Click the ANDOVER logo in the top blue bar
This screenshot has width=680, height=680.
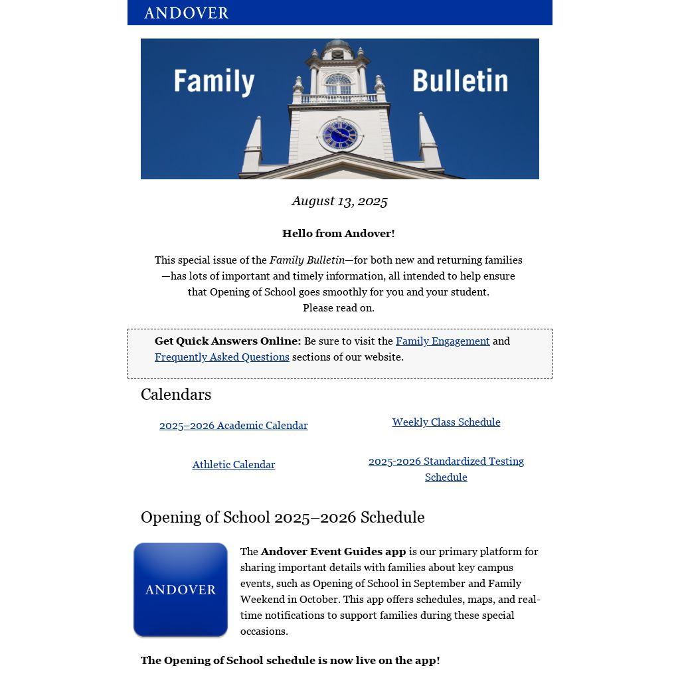tap(186, 13)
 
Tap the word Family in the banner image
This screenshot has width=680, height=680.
tap(214, 82)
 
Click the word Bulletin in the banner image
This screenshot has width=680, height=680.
tap(460, 81)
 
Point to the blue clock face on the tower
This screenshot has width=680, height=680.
tap(339, 135)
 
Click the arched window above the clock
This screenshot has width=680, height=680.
tap(338, 84)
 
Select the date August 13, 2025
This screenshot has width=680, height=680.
tap(339, 201)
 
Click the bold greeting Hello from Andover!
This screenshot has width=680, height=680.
tap(339, 234)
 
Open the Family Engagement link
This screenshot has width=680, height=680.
tap(442, 341)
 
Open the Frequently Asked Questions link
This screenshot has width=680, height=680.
tap(222, 357)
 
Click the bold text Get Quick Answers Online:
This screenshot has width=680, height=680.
tap(228, 341)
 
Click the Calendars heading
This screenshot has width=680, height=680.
tap(176, 394)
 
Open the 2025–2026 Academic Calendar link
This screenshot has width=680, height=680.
tap(234, 426)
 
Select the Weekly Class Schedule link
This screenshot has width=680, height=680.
tap(446, 422)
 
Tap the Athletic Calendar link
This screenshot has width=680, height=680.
tap(234, 465)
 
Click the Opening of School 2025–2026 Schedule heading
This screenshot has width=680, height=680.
tap(282, 517)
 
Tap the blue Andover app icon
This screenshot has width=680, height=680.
tap(181, 590)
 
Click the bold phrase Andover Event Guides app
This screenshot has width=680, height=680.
tap(333, 552)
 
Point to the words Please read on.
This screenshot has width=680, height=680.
tap(339, 308)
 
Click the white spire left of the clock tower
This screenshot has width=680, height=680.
tap(253, 146)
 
